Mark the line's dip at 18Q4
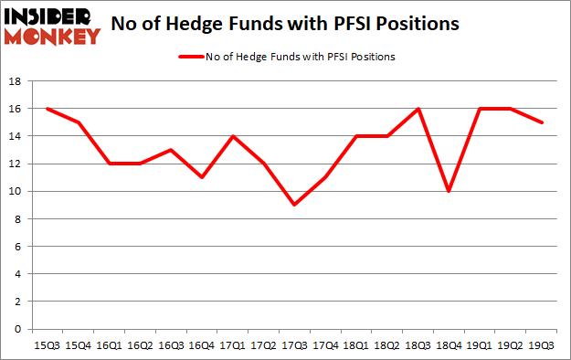pos(449,191)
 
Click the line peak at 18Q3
pos(418,109)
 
